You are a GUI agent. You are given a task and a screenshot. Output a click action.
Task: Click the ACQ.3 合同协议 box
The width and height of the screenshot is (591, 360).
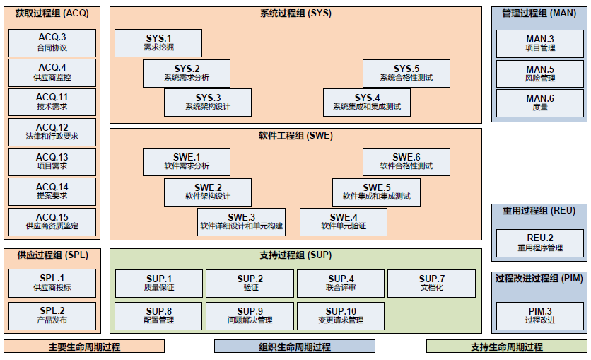click(x=52, y=42)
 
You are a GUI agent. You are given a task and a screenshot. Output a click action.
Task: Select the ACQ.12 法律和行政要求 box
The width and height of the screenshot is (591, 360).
click(x=52, y=132)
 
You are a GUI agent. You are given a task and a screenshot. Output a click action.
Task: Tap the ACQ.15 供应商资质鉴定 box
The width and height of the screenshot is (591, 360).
click(x=52, y=221)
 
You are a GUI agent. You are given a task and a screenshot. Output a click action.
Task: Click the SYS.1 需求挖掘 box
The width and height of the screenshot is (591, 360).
click(x=158, y=42)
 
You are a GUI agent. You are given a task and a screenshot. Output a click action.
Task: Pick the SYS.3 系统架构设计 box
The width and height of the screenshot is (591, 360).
click(x=208, y=102)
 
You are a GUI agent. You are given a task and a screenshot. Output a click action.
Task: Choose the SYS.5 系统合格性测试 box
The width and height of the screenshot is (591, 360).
click(x=406, y=73)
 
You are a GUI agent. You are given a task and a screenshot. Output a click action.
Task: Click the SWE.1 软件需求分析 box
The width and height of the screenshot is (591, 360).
click(x=187, y=161)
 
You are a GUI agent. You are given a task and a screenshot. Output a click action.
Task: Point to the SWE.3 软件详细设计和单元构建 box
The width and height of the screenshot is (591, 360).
click(x=241, y=221)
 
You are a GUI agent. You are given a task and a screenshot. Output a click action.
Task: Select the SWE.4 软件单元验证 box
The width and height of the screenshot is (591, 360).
click(x=344, y=221)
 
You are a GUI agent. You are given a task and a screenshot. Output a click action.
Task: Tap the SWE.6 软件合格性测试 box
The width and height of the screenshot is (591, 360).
click(x=406, y=161)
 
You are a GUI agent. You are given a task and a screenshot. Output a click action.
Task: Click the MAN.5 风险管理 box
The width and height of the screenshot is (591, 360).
click(x=540, y=73)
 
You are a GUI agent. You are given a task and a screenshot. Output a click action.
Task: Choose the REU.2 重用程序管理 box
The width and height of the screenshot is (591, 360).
click(x=540, y=243)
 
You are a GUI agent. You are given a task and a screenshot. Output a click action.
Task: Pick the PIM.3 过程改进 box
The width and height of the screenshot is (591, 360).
click(x=540, y=315)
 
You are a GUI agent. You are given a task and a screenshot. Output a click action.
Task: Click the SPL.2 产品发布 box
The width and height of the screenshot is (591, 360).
click(x=52, y=315)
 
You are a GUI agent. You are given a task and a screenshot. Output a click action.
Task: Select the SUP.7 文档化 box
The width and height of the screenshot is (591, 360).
click(x=431, y=283)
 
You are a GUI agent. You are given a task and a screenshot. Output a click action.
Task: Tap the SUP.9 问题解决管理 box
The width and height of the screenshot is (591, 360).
click(x=250, y=315)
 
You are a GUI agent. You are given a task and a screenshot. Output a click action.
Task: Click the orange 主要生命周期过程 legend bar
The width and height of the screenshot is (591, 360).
click(x=84, y=347)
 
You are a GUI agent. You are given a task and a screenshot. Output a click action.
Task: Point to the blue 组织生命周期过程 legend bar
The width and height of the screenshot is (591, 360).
click(x=295, y=347)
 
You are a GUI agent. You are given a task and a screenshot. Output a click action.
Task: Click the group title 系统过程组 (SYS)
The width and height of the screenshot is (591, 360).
click(x=295, y=13)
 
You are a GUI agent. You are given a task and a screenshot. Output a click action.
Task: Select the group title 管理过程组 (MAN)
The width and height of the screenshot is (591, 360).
click(x=539, y=13)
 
